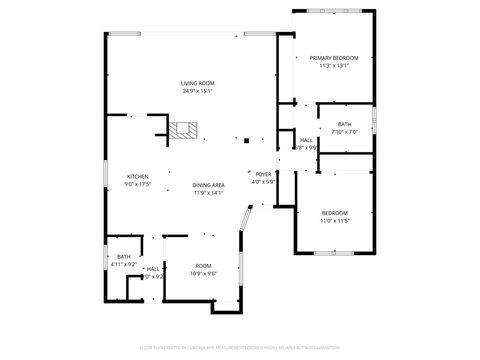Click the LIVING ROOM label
(197, 83)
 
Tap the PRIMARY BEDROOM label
(333, 58)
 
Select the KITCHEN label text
(137, 176)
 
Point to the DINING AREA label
(208, 186)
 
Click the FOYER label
(263, 174)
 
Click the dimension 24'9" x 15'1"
(197, 91)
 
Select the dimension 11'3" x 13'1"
(333, 66)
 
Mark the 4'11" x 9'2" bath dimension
(123, 264)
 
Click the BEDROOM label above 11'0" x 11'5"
(334, 212)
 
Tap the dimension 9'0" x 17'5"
(137, 184)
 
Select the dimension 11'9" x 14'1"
(208, 193)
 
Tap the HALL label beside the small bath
(153, 269)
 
